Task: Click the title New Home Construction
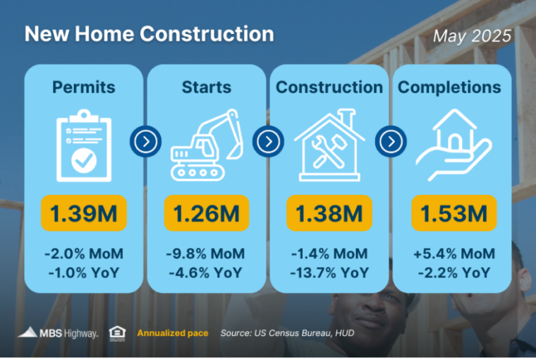point(150,34)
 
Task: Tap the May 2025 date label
point(472,36)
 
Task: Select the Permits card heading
point(84,87)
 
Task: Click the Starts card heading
point(207,87)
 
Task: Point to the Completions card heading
point(449,87)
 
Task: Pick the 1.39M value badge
point(84,213)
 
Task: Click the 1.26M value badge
point(207,213)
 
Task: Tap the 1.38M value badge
point(329,213)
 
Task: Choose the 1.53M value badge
point(454,213)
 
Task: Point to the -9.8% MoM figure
point(205,254)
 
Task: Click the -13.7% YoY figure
point(329,273)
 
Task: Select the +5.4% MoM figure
point(454,254)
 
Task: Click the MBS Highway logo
point(58,333)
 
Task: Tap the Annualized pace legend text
point(173,333)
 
